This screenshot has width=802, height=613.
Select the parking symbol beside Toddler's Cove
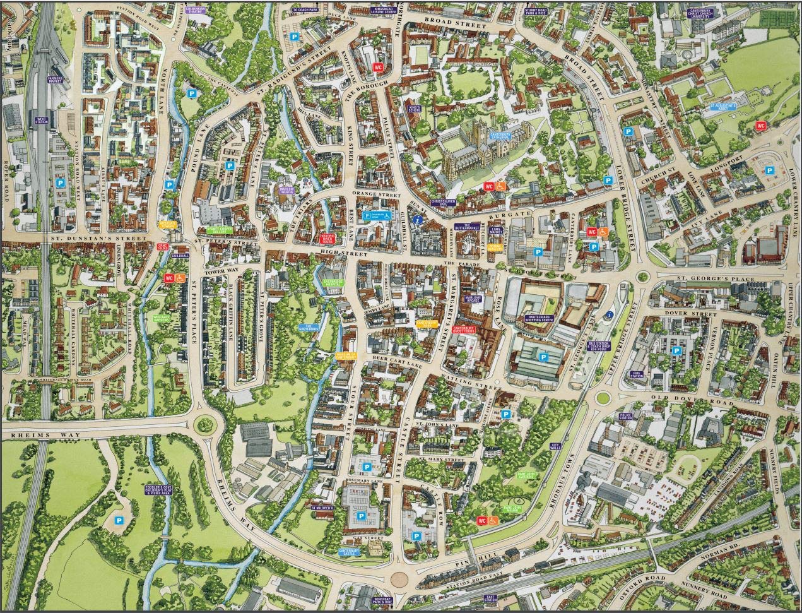click(119, 520)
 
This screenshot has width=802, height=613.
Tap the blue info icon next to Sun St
click(417, 220)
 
